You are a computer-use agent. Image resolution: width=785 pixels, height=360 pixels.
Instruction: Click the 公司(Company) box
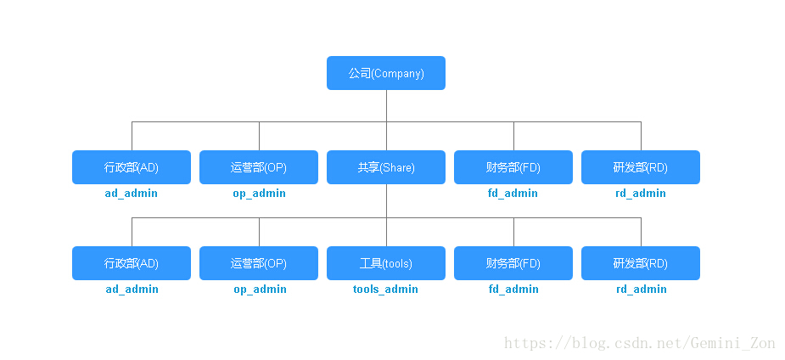point(386,73)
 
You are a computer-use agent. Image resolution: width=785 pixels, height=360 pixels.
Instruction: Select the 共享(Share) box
point(386,167)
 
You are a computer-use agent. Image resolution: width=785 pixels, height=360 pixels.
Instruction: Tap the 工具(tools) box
point(386,263)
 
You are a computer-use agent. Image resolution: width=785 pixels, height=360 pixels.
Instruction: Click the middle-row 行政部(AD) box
point(132,167)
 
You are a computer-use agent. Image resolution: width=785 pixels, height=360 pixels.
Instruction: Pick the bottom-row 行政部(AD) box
point(132,263)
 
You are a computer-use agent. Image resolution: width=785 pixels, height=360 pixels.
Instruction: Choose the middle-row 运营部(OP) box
point(259,167)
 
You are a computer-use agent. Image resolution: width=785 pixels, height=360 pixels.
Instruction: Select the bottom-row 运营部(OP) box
point(259,263)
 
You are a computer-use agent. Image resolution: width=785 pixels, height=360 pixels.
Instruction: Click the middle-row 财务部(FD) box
point(513,167)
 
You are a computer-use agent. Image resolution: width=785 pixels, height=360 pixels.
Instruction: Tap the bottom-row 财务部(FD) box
point(513,263)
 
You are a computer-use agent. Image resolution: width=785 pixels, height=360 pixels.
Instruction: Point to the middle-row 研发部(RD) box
point(641,167)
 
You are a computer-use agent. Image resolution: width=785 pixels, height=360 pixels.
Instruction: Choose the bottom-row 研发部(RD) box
point(641,263)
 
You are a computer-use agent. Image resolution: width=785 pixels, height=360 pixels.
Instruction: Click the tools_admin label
point(386,290)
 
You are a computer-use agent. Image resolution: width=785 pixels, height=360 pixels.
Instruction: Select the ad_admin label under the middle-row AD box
point(132,194)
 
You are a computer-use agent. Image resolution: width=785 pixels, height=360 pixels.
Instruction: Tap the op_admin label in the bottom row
point(259,290)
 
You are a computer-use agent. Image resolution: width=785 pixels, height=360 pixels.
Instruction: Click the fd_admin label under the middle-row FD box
point(513,194)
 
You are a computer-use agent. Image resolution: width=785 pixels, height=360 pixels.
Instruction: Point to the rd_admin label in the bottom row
point(641,290)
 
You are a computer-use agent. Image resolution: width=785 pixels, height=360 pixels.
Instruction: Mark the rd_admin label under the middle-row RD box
point(641,194)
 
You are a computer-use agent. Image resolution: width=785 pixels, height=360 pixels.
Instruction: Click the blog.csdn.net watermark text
point(640,343)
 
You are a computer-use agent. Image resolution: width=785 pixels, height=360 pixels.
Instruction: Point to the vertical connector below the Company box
point(386,105)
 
